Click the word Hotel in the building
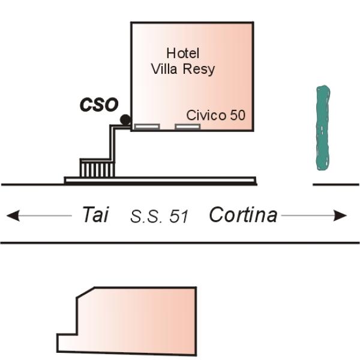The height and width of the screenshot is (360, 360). (182, 53)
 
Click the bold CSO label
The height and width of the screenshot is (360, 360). (99, 105)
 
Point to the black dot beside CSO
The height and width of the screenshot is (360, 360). (125, 120)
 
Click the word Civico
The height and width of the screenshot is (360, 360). (203, 115)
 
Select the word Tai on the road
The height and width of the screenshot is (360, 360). (94, 215)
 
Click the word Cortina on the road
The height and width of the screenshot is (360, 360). (243, 215)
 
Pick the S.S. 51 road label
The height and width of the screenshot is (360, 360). (159, 217)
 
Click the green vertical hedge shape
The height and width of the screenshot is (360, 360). (323, 127)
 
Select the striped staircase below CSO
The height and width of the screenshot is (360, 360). (97, 167)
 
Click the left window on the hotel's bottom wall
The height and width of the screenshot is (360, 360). (146, 127)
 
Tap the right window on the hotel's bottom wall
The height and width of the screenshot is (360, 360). (187, 127)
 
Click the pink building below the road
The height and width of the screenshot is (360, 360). (135, 321)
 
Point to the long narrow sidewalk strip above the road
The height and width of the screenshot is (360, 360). (160, 180)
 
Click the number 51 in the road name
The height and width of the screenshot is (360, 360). (179, 217)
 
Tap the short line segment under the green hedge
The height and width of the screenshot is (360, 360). (336, 184)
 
